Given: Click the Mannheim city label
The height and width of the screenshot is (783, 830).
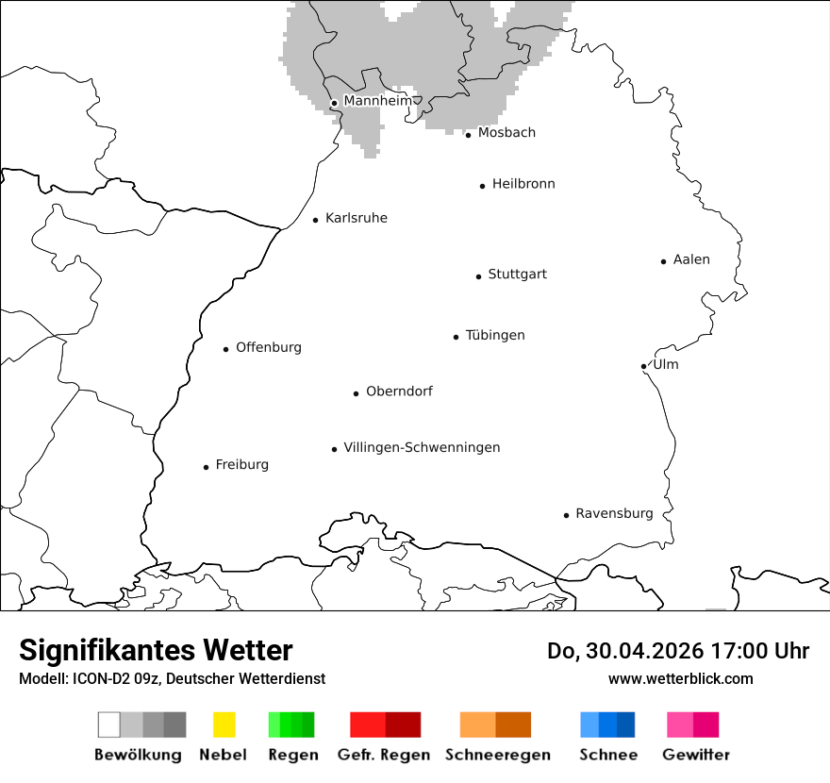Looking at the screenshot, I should [x=377, y=101].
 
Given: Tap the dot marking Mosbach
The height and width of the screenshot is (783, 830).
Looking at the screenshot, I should [x=468, y=135].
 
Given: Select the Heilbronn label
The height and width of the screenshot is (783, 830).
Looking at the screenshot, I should [x=523, y=184].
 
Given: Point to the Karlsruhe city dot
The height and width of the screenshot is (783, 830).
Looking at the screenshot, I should [x=316, y=220].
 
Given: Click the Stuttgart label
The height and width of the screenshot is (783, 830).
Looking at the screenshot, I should [x=517, y=275].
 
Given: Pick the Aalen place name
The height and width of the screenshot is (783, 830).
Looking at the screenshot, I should [x=691, y=259].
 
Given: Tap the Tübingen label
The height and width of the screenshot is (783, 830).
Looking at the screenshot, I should [x=495, y=336].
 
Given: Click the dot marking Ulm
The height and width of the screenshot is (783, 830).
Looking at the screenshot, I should [x=643, y=366].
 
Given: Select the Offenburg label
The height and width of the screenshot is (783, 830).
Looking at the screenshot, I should [x=269, y=347].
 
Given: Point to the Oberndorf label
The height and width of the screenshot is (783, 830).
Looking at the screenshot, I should [x=399, y=391].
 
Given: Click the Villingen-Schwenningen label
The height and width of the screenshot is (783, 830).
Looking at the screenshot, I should [x=422, y=447].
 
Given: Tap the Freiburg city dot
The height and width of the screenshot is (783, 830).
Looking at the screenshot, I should [x=206, y=467].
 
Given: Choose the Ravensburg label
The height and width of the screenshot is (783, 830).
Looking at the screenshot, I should [x=614, y=514].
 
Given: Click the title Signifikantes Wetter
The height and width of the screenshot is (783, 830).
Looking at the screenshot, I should [x=156, y=650].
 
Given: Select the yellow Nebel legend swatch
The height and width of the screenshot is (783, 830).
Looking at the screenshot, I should [x=224, y=725].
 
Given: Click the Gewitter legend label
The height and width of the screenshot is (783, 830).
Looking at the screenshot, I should [x=696, y=755].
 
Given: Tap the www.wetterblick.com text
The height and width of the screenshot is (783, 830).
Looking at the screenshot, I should [x=680, y=678].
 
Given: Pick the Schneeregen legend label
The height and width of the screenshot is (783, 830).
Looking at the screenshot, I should [x=498, y=755].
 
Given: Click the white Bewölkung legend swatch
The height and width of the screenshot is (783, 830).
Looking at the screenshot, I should [x=108, y=725].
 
